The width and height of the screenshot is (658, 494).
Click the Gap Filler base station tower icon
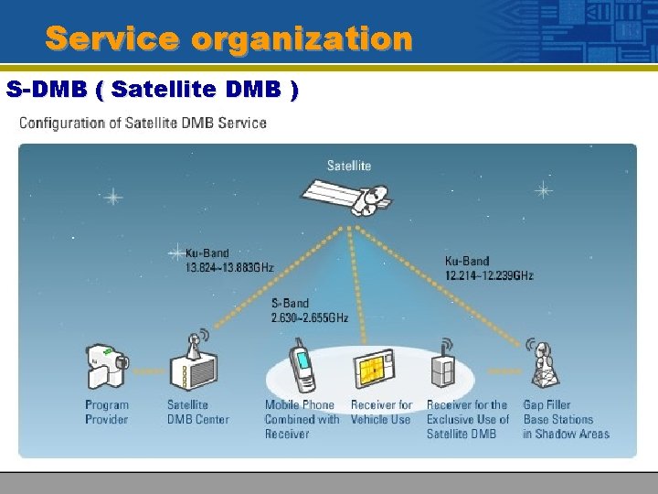tap(543, 365)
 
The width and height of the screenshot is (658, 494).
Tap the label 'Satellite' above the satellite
tap(349, 166)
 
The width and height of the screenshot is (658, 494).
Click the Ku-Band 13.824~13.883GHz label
tap(228, 260)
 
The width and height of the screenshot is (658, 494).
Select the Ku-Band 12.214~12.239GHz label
tap(489, 268)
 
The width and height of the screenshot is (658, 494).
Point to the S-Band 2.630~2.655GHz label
tap(309, 310)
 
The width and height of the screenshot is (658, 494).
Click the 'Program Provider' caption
tap(107, 413)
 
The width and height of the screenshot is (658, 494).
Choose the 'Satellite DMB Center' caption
tap(197, 413)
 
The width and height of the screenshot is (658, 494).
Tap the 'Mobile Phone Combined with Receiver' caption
tap(302, 419)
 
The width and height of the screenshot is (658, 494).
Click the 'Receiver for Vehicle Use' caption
tap(381, 413)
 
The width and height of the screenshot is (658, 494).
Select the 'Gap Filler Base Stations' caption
tap(566, 419)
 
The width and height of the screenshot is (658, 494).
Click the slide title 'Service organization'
tap(229, 39)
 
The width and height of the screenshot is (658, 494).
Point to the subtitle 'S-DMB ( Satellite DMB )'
tap(152, 91)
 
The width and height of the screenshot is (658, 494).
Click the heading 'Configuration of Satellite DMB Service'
tap(143, 123)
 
